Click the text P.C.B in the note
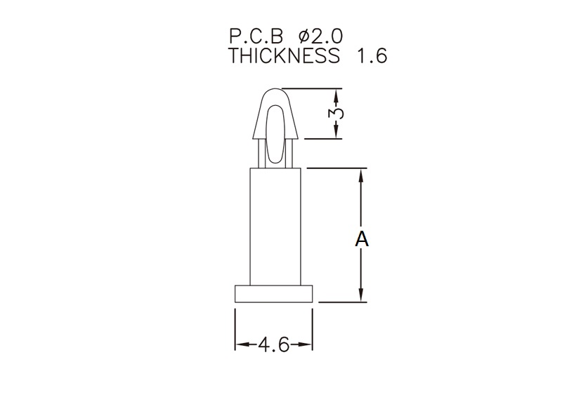pyautogui.click(x=256, y=36)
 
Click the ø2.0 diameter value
pyautogui.click(x=320, y=36)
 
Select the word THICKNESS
pyautogui.click(x=284, y=55)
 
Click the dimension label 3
pyautogui.click(x=336, y=113)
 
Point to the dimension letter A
pyautogui.click(x=362, y=238)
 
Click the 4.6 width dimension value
pyautogui.click(x=273, y=344)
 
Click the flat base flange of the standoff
pyautogui.click(x=274, y=294)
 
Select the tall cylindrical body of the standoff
pyautogui.click(x=275, y=227)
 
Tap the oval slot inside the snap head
pyautogui.click(x=275, y=134)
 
